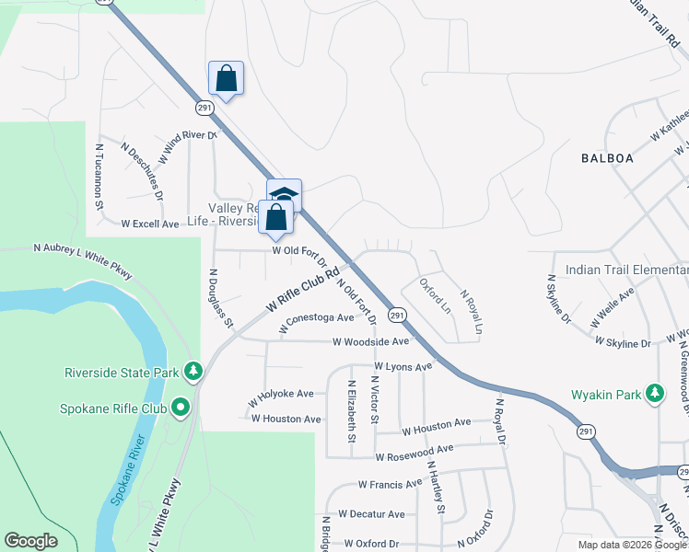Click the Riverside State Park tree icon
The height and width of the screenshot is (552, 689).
click(193, 371)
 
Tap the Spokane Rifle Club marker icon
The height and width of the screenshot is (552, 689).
click(181, 406)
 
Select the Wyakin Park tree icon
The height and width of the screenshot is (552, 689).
click(655, 394)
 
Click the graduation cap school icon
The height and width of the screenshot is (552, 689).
click(285, 195)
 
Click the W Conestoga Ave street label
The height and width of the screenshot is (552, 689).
click(317, 317)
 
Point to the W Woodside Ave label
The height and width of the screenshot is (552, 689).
click(370, 341)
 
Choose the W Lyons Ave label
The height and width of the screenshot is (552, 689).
click(403, 366)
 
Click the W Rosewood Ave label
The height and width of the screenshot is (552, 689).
click(415, 451)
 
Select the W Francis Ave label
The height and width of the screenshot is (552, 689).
click(391, 483)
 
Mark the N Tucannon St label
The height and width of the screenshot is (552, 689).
click(99, 175)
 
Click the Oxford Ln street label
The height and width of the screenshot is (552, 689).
click(434, 293)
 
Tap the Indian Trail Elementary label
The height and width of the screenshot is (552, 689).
click(626, 270)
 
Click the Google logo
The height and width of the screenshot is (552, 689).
click(31, 541)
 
